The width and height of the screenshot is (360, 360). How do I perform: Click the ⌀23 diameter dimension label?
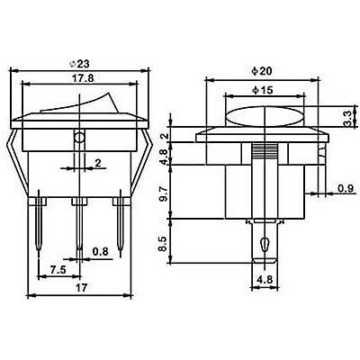coord(79,64)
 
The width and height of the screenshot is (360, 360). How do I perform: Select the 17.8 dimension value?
coord(79,78)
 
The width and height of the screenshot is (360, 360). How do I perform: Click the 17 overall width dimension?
coord(80,288)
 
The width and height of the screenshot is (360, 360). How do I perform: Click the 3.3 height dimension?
coord(348,117)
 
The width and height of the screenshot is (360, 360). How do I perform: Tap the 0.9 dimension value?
coord(346,188)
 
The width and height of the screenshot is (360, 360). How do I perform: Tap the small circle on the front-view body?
coord(79,139)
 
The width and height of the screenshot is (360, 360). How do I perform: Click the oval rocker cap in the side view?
coord(266,117)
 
